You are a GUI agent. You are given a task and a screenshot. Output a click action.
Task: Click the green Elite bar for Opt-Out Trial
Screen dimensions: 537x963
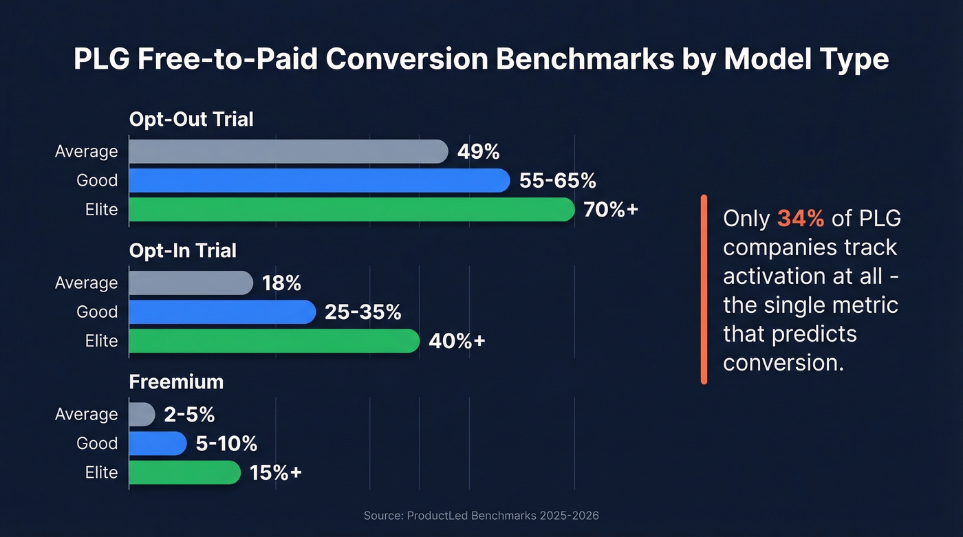coord(351,209)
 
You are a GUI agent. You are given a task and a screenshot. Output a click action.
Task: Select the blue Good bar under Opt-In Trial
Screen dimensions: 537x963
coord(221,311)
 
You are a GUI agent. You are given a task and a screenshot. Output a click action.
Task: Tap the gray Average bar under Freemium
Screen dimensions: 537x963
coord(142,414)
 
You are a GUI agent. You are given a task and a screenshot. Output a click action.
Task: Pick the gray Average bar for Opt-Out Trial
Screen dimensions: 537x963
coord(288,151)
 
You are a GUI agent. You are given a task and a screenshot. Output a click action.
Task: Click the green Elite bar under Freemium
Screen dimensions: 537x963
coord(184,472)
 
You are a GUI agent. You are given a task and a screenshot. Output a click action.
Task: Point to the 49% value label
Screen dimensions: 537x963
coord(478,151)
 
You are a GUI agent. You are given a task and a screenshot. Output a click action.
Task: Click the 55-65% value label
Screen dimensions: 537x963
coord(557,181)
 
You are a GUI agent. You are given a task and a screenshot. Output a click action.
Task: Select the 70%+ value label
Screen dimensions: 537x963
coord(611,210)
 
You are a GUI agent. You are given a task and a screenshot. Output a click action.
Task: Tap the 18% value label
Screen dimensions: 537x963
coord(281,283)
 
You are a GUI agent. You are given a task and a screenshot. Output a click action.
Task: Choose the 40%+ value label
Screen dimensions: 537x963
coord(457,341)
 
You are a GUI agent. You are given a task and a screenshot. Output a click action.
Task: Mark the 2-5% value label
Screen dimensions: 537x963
coord(189,415)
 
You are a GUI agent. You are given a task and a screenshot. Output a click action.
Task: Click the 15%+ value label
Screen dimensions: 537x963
coord(276,473)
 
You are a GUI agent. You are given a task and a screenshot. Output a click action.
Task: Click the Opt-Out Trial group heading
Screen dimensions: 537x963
coord(191,119)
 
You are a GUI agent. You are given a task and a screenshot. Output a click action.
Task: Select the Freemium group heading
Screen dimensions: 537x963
coord(176,382)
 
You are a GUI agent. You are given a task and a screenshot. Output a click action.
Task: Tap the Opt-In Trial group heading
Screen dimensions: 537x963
coord(183,250)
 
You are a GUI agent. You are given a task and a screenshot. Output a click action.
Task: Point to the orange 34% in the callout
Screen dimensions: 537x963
coord(800,219)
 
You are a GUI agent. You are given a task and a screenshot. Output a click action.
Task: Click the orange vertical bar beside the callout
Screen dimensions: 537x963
coord(704,289)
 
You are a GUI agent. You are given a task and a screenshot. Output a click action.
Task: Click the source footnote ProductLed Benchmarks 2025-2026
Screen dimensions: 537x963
coord(481,515)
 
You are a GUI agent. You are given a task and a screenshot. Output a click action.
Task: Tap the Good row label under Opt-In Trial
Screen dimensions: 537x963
coord(97,312)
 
